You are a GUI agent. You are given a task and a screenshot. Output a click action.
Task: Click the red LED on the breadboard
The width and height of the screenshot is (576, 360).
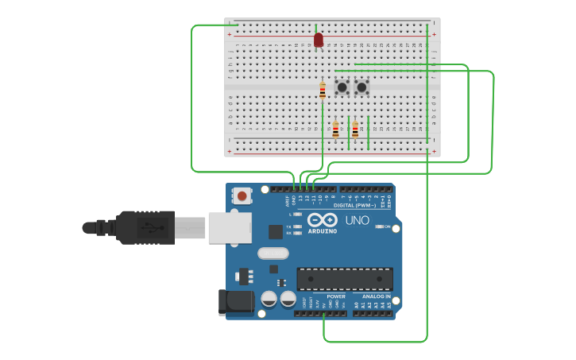click(319, 40)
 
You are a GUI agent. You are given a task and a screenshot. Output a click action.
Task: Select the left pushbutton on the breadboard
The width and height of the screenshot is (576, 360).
click(342, 87)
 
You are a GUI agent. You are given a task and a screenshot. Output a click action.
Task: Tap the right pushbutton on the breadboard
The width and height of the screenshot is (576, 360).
click(361, 87)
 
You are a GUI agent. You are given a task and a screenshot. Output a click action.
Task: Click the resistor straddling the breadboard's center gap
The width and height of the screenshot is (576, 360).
click(323, 90)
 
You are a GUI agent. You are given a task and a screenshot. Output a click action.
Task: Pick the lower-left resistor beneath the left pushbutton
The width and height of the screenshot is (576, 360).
click(335, 130)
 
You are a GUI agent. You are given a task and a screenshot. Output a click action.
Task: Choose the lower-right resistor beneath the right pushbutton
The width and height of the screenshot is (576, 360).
click(355, 130)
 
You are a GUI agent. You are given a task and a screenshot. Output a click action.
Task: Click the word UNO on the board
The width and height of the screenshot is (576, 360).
click(357, 220)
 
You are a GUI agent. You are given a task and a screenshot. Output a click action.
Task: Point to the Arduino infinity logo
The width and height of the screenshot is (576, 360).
click(322, 219)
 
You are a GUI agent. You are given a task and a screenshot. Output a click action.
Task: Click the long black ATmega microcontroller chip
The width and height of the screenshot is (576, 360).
click(345, 279)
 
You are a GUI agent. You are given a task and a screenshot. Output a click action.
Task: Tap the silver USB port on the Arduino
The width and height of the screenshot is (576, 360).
click(230, 227)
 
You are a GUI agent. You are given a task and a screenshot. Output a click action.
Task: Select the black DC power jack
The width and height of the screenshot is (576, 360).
click(235, 301)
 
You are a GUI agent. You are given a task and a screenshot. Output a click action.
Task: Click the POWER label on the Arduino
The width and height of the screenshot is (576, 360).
click(336, 296)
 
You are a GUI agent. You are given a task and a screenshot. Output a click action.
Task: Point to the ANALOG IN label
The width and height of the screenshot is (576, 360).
click(377, 296)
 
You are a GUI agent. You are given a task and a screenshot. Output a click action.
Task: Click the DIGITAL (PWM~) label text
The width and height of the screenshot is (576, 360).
click(355, 205)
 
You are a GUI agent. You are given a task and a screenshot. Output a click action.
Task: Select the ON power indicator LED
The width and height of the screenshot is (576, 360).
click(379, 227)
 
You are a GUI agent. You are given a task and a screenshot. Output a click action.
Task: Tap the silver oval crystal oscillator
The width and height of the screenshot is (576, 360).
click(273, 254)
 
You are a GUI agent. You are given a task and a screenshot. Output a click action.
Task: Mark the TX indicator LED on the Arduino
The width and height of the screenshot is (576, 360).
click(297, 226)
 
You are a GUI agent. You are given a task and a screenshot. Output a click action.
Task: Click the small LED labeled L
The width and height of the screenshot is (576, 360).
click(297, 214)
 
